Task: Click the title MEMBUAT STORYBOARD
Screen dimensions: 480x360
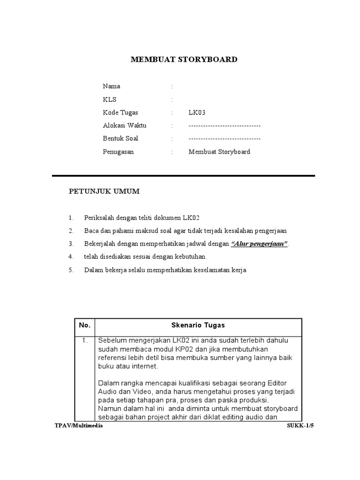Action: click(184, 60)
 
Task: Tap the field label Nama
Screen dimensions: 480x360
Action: click(112, 86)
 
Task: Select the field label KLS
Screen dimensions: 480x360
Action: click(110, 99)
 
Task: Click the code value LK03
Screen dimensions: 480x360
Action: click(197, 112)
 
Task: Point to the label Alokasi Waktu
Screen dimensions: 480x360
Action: click(125, 126)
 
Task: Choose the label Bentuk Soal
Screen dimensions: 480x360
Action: click(120, 139)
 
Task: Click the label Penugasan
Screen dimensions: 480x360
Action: click(118, 152)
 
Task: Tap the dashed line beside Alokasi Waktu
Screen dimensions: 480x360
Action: click(225, 126)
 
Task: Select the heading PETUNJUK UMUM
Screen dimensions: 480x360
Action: click(105, 192)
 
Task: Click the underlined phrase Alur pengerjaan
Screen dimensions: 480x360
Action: click(260, 244)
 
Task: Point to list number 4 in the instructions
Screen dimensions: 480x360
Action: click(71, 257)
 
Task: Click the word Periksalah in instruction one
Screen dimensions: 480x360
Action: click(99, 218)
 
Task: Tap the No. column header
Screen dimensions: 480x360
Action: click(84, 325)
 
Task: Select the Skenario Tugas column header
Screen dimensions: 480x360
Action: click(198, 325)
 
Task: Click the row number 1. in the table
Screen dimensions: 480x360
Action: click(85, 341)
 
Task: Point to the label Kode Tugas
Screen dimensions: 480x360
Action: click(120, 112)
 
